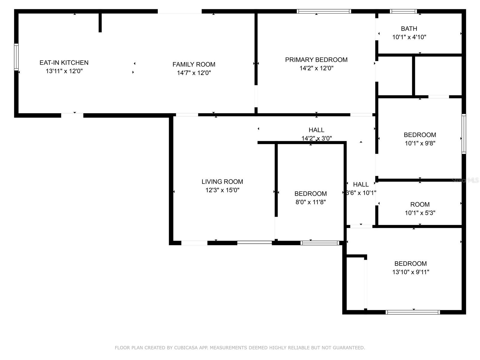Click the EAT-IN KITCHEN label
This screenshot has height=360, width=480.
(64, 63)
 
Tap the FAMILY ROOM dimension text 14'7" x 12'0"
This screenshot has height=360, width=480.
(194, 73)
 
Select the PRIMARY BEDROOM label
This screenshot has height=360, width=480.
(316, 60)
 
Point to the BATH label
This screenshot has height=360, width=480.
(409, 29)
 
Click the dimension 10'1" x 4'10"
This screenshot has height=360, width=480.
(409, 37)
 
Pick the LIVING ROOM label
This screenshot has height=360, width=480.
(222, 181)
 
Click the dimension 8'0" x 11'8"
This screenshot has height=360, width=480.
(310, 202)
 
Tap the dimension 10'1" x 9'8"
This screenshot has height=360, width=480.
(420, 143)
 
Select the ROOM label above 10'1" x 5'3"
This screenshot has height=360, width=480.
(420, 205)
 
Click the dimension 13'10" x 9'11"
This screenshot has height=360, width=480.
(410, 272)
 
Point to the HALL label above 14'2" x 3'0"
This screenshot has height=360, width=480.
(316, 130)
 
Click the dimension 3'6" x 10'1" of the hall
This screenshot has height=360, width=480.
(361, 193)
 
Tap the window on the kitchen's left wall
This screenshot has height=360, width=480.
(16, 57)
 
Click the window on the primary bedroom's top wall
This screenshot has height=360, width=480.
(324, 11)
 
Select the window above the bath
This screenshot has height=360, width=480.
(403, 11)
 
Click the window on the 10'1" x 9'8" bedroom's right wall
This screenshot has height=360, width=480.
(463, 134)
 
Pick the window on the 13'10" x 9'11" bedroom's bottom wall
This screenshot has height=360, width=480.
(412, 312)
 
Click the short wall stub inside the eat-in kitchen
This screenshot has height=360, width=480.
(100, 22)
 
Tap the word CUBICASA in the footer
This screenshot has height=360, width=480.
(187, 348)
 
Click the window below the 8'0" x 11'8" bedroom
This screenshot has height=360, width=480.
(320, 243)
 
